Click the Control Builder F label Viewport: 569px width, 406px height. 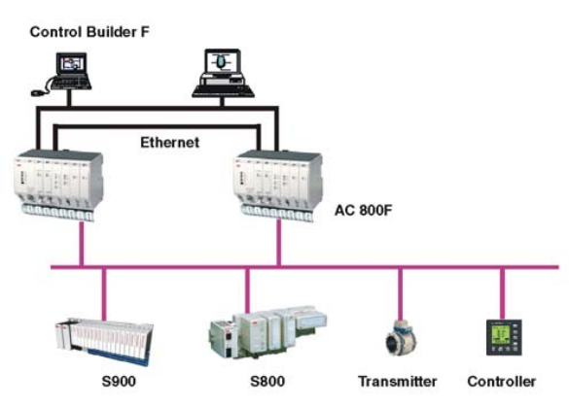89,32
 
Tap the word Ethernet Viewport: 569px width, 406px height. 170,142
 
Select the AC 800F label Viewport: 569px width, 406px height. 363,210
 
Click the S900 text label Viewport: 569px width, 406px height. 119,382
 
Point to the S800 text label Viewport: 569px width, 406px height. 267,382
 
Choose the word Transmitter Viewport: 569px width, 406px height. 398,382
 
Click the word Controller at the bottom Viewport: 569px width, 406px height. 502,382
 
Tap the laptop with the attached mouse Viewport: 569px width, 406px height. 65,73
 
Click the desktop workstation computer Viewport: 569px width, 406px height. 223,73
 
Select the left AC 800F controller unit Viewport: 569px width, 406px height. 58,185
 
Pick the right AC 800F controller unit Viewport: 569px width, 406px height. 279,185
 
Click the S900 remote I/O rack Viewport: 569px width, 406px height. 104,342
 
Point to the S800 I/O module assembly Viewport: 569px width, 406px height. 267,331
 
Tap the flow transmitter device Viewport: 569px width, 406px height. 401,340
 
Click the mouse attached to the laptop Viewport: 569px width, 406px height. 37,93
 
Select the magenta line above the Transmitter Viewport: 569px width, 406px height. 401,294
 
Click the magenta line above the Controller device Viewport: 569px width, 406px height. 502,294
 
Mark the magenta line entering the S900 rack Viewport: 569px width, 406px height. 104,294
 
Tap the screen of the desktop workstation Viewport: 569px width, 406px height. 223,61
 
